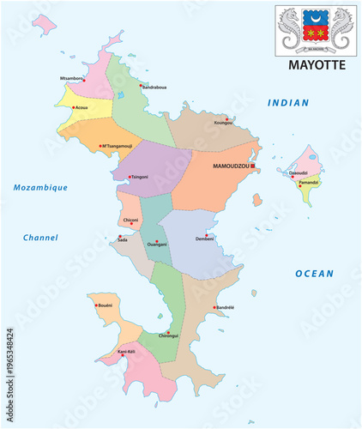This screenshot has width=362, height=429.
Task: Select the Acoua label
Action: pos(81,109)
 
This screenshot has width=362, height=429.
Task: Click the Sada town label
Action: pos(123,241)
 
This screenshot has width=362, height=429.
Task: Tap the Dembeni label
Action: pos(205,239)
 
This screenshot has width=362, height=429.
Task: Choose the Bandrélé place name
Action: pos(225,307)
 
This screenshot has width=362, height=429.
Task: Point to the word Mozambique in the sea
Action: pos(40,188)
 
